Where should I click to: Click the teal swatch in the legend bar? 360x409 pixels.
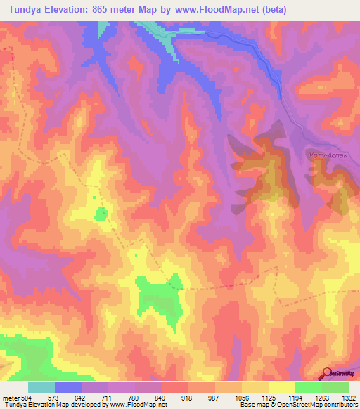tap(41, 387)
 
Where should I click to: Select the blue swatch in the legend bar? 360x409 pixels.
tap(67, 387)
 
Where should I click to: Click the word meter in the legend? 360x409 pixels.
tap(11, 398)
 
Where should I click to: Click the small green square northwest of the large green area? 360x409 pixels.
tap(102, 214)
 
